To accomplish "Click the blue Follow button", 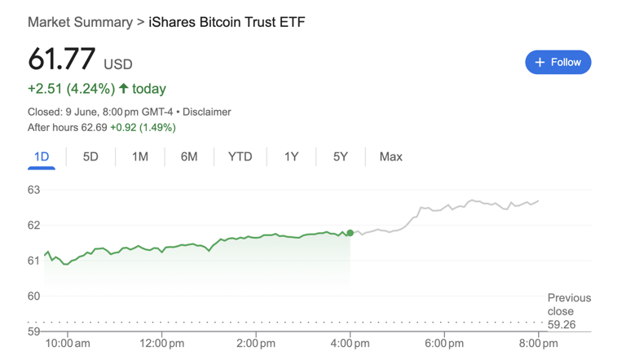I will (x=558, y=62).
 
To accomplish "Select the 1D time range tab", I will (x=42, y=156).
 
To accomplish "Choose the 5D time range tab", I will (x=90, y=156).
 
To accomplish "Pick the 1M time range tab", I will (x=140, y=156).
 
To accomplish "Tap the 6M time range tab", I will (x=189, y=156).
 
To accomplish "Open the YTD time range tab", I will (x=240, y=156).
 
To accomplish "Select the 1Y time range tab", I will (x=291, y=156).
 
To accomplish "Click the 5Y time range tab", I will (x=341, y=156).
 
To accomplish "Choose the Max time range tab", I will (x=390, y=156).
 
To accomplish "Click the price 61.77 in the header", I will (x=62, y=60).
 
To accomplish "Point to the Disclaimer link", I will (x=206, y=112).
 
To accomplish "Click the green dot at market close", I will (x=350, y=234).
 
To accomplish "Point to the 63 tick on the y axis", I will (x=33, y=190).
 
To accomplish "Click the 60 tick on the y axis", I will (x=33, y=296).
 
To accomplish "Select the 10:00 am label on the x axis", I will (x=67, y=344).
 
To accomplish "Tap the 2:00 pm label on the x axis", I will (x=256, y=344).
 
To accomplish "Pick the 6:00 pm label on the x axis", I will (x=444, y=344).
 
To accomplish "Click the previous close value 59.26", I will (x=561, y=324).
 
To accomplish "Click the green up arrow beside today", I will (x=124, y=88).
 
